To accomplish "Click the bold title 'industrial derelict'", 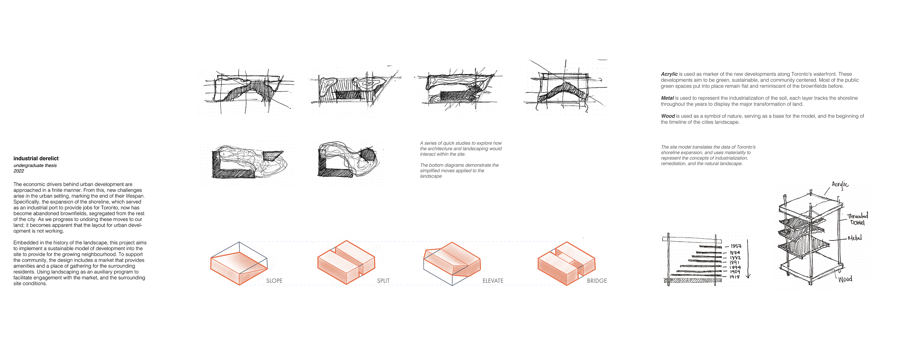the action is click(36, 158).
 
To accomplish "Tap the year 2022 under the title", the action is click(19, 171).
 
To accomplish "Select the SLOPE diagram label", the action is click(274, 281).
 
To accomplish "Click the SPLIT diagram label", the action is click(383, 281).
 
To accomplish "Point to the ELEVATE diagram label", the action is click(493, 281).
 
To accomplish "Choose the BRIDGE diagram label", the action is click(597, 281).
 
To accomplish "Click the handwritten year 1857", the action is click(736, 246).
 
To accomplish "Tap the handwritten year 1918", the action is click(734, 277).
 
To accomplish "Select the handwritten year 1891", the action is click(734, 262).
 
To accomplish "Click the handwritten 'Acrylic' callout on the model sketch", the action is click(840, 185).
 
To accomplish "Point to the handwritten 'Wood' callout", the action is click(845, 279).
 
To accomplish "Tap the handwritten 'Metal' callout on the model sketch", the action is click(855, 238).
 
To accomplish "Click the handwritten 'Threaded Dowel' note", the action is click(857, 219).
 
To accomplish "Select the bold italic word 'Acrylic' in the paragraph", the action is click(669, 74).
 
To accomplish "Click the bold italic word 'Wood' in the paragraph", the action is click(668, 116).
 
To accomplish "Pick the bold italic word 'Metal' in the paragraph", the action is click(667, 98).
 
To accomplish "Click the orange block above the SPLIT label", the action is click(346, 262).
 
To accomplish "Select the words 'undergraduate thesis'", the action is click(35, 165).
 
